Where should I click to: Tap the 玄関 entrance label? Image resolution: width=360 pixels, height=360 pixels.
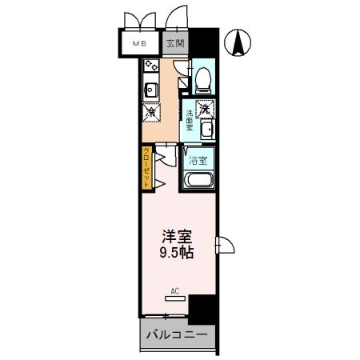point(176,45)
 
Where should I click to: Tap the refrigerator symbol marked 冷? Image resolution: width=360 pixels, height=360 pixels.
point(150,113)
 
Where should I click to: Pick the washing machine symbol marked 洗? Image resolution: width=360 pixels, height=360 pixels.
point(206,107)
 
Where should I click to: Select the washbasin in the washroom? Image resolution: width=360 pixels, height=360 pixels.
point(206,130)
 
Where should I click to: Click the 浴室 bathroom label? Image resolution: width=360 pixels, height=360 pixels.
point(198,159)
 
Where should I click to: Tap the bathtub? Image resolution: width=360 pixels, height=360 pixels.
point(198,178)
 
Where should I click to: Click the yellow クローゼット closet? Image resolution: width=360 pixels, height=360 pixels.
point(147,167)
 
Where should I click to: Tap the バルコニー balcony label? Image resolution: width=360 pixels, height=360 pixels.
point(178,333)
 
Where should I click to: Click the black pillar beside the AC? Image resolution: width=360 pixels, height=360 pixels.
point(202,308)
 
